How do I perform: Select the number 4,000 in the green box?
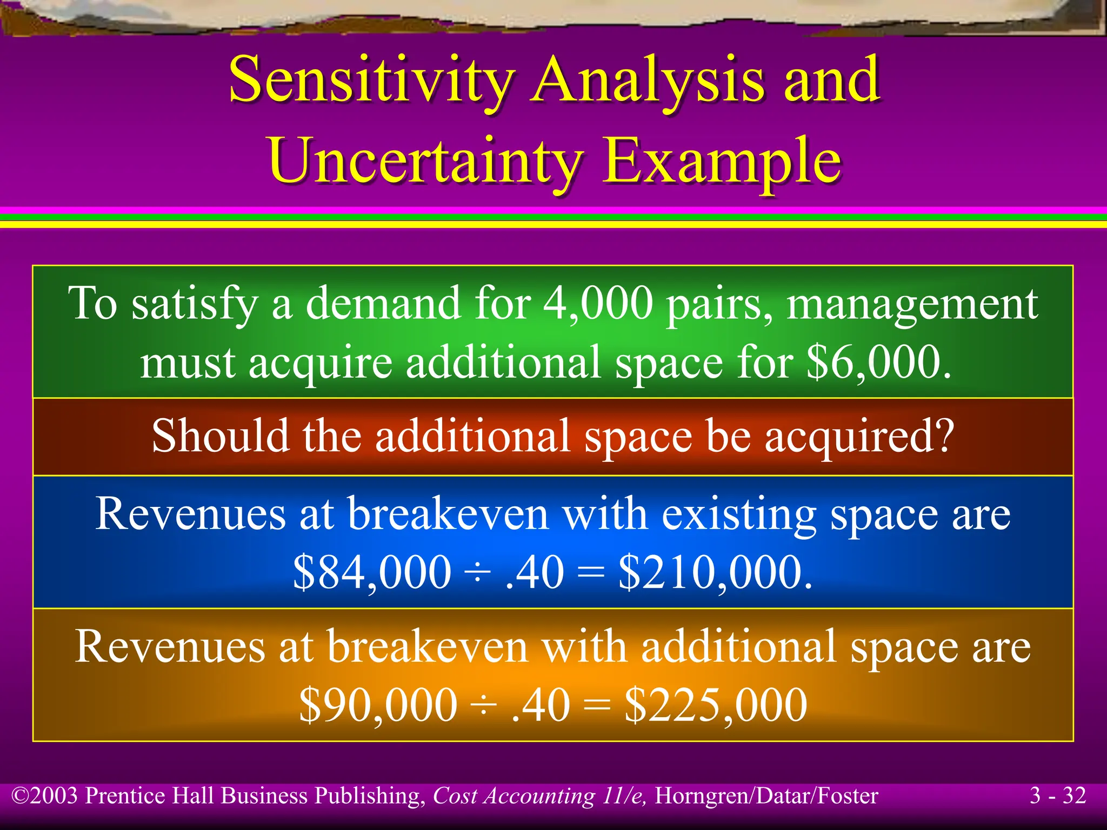pos(598,304)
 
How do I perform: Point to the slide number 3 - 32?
pos(1057,796)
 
